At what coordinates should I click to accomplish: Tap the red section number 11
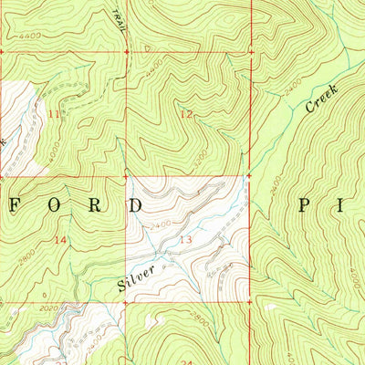[x=56, y=114]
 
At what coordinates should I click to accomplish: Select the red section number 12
[x=186, y=114]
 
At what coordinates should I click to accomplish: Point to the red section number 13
[x=186, y=239]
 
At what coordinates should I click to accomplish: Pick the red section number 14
[x=61, y=239]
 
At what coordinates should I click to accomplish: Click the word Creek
[x=321, y=99]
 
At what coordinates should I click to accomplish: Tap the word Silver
[x=136, y=282]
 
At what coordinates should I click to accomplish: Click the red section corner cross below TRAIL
[x=126, y=52]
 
